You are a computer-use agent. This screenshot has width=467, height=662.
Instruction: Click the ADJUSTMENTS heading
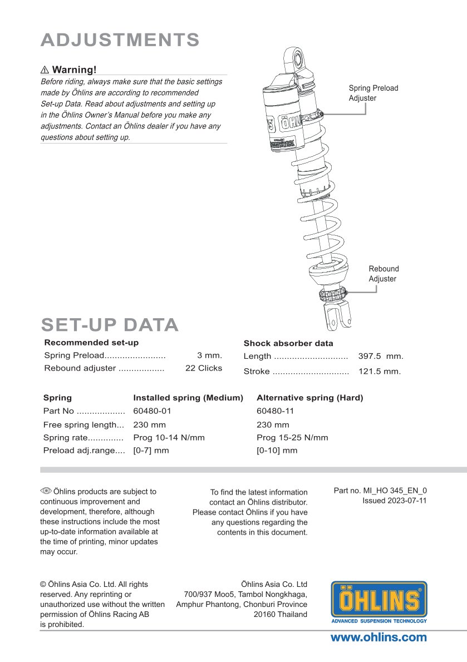(x=120, y=40)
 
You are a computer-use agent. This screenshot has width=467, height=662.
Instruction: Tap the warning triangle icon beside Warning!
(x=45, y=70)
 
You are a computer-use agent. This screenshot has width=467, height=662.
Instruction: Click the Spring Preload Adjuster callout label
(x=373, y=93)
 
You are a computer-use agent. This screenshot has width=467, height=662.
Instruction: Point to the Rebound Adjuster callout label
(x=384, y=274)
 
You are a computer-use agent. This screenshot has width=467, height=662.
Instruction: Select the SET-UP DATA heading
(x=110, y=325)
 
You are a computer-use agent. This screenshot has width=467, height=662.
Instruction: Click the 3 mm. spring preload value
(x=209, y=355)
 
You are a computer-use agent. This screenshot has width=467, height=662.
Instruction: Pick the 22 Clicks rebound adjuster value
(x=203, y=368)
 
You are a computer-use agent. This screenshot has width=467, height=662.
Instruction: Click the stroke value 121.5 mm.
(x=379, y=372)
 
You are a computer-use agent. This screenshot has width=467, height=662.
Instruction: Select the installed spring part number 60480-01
(x=152, y=411)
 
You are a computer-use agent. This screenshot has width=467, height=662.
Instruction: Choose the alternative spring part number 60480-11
(x=275, y=411)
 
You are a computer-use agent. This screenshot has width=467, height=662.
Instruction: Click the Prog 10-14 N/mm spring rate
(x=169, y=437)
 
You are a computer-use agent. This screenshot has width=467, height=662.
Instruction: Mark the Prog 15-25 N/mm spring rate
(x=292, y=437)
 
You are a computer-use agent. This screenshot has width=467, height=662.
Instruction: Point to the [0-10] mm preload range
(x=277, y=450)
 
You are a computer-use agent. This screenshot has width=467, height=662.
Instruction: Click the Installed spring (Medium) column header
(x=188, y=398)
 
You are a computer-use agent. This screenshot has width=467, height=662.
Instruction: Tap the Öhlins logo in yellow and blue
(x=379, y=601)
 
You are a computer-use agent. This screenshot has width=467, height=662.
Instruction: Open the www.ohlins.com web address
(x=378, y=638)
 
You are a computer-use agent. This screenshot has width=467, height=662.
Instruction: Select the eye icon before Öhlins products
(x=46, y=491)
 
